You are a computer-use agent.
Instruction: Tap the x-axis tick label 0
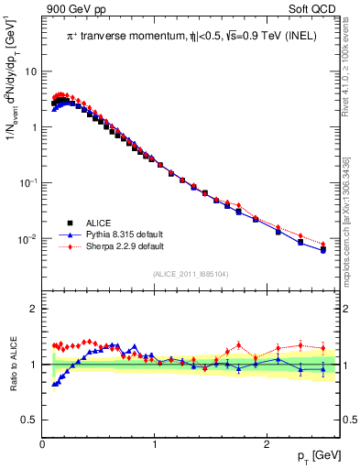(43, 443)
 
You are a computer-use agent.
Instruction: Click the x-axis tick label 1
(155, 443)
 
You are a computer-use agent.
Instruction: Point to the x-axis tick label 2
(267, 443)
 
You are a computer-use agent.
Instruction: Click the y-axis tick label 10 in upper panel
(30, 71)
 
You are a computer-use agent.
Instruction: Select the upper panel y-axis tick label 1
(33, 126)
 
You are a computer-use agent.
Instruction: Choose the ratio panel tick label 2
(33, 309)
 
